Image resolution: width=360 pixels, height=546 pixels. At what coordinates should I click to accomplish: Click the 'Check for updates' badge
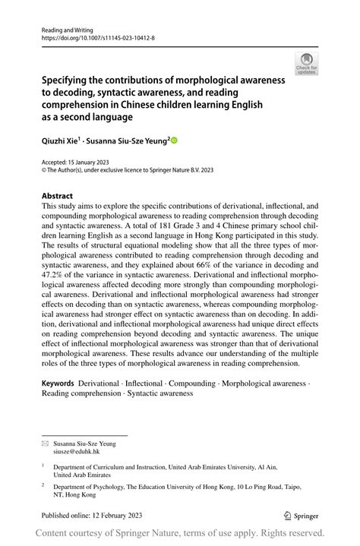(307, 64)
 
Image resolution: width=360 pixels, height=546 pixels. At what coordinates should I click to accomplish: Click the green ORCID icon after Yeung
(174, 140)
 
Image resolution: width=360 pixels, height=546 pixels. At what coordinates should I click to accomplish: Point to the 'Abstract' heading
(58, 195)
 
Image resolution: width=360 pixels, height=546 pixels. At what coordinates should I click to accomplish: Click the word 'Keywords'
(58, 384)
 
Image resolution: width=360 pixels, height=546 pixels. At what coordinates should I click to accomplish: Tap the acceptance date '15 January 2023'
(91, 163)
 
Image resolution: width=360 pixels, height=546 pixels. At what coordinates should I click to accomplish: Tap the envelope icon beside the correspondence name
(45, 441)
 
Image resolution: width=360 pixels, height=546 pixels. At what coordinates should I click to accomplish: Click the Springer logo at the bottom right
(303, 516)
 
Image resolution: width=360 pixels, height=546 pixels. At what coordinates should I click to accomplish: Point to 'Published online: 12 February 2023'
(93, 516)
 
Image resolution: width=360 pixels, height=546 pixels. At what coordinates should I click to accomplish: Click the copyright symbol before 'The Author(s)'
(44, 171)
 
